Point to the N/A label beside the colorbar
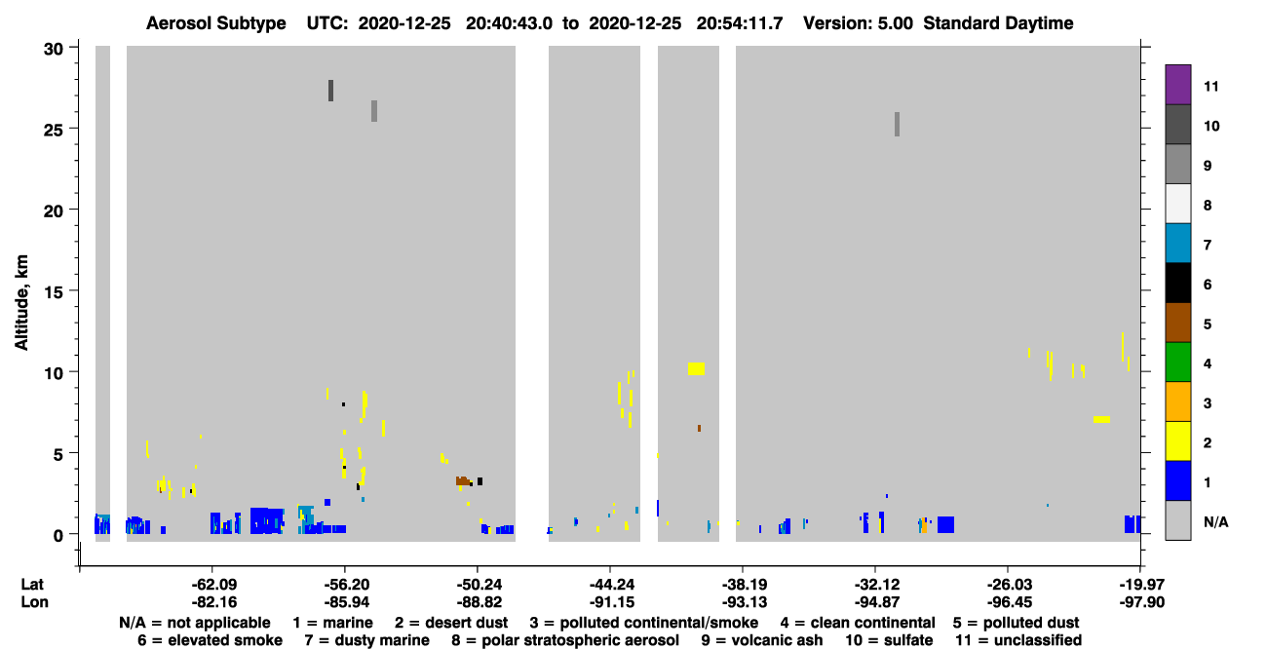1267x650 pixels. click(1215, 521)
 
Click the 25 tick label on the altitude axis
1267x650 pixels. click(54, 131)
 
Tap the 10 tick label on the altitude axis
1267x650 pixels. click(54, 373)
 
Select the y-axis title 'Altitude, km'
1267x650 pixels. click(20, 303)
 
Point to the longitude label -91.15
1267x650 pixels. click(611, 602)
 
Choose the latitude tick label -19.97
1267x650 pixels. click(1141, 585)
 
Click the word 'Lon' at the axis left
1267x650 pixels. click(34, 602)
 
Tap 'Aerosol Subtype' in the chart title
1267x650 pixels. click(216, 23)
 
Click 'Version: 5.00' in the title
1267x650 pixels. click(858, 23)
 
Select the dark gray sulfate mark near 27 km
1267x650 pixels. click(331, 91)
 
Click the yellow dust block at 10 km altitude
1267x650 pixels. click(696, 368)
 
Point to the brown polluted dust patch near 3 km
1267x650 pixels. click(463, 481)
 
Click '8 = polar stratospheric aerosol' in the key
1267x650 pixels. click(565, 640)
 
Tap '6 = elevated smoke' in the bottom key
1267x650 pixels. click(210, 640)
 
